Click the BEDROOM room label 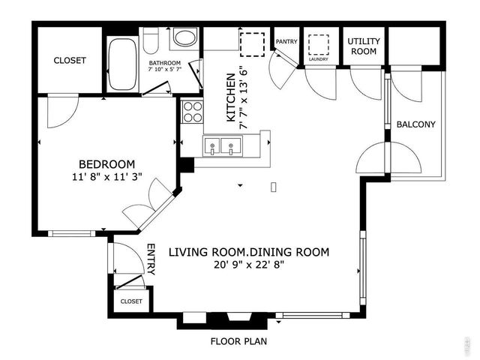[107, 164]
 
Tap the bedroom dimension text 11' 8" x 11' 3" [107, 178]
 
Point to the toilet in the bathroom [151, 39]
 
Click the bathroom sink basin [184, 39]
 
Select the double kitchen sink [223, 146]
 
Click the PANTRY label [286, 41]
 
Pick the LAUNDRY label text [319, 58]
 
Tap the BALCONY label [416, 124]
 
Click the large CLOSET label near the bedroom [70, 60]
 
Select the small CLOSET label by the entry [131, 301]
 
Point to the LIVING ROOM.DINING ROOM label [248, 252]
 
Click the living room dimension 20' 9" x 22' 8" [248, 265]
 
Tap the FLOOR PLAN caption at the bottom [238, 341]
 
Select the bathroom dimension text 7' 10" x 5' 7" [164, 67]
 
